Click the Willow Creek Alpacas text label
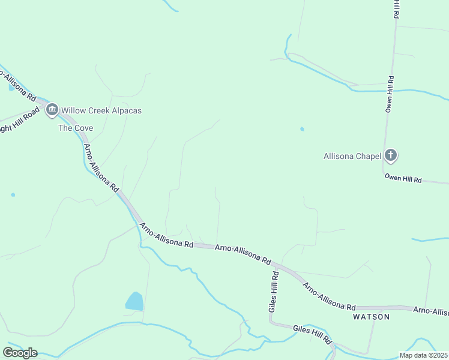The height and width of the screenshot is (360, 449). click(101, 111)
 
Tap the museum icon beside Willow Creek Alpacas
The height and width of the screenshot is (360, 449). click(52, 110)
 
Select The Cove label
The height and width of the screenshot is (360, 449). click(76, 128)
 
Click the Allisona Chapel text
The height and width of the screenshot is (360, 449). click(352, 157)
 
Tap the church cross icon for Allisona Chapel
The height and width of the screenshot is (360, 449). click(391, 156)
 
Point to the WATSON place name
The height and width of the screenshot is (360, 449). click(371, 316)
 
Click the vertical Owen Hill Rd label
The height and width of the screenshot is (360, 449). click(390, 94)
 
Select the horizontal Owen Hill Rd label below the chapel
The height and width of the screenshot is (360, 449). click(403, 179)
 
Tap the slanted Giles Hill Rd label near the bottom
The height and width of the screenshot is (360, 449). click(312, 334)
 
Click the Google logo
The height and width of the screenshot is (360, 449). click(20, 353)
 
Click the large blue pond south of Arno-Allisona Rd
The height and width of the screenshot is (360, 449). click(134, 301)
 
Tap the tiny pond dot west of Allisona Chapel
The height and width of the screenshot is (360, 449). click(302, 128)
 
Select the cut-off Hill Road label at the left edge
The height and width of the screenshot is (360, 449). click(18, 121)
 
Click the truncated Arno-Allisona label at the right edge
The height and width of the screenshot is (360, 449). click(431, 311)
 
